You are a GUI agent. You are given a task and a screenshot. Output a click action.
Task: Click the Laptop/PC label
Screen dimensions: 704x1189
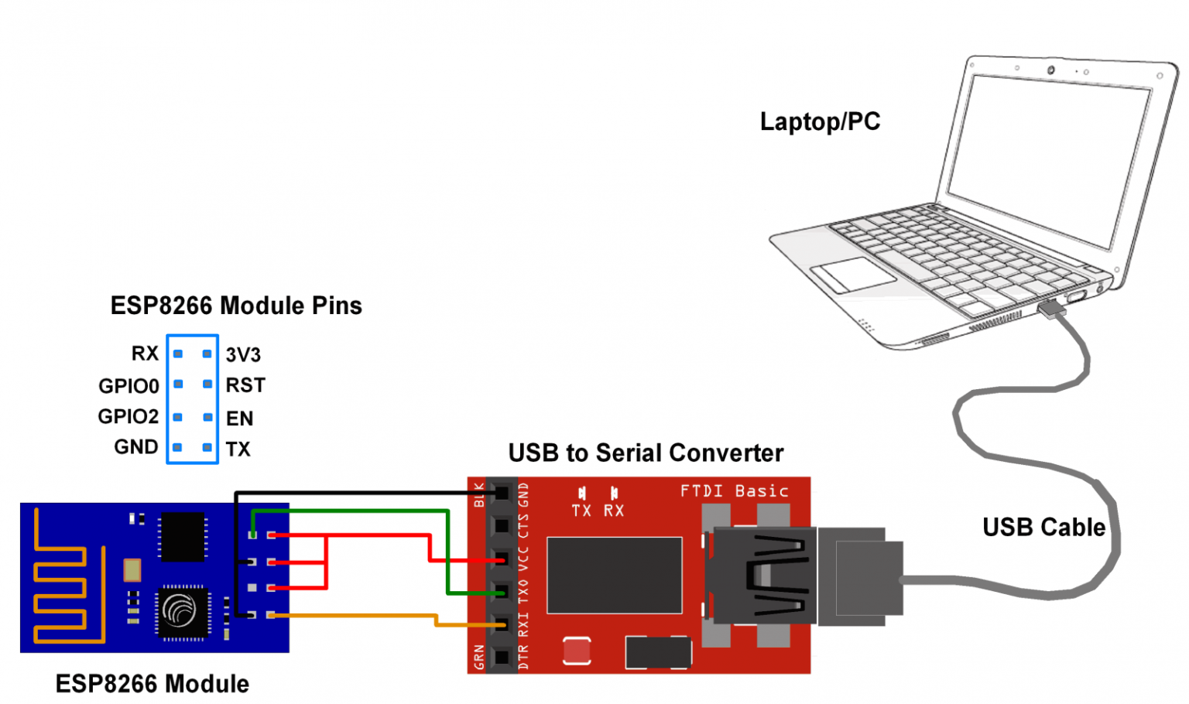820,121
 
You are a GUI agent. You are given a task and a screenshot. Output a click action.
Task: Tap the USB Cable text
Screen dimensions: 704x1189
1043,528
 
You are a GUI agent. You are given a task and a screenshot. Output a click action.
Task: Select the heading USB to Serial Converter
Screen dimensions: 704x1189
646,453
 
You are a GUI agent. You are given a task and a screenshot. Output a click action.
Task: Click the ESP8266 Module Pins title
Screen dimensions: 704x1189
236,306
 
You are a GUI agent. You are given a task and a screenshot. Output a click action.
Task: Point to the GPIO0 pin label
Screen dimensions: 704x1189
128,386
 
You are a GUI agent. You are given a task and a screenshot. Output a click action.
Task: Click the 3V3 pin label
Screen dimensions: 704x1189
243,355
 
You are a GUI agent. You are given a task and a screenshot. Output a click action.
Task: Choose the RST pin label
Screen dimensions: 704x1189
245,385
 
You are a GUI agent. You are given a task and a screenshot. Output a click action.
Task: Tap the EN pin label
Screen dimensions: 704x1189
239,419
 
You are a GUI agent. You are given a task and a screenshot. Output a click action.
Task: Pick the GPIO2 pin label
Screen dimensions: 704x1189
128,417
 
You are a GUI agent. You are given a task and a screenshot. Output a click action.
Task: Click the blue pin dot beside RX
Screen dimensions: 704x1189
178,354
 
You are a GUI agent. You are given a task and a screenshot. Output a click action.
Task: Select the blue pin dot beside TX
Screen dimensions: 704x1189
207,447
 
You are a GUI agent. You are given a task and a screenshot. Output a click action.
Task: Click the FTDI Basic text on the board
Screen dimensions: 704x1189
734,491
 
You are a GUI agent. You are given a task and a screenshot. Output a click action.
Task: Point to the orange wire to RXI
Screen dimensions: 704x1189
356,616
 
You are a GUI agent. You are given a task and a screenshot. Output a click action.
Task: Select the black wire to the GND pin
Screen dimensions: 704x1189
348,492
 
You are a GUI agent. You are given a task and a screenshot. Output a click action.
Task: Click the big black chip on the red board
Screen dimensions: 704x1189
614,575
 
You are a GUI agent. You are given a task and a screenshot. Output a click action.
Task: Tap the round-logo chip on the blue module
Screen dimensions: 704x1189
182,611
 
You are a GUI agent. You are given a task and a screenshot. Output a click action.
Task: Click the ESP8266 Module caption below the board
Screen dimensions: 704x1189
152,684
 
